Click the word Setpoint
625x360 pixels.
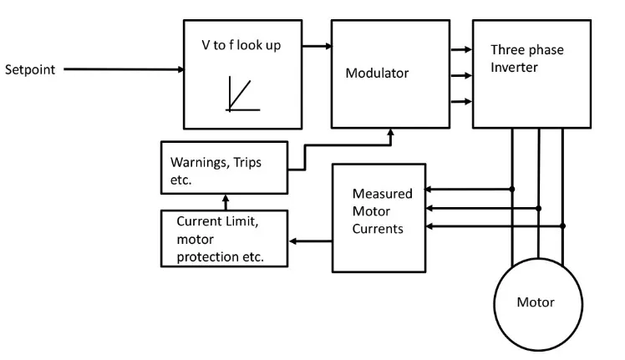30,69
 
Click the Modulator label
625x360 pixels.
377,73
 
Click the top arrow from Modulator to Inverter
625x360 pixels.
460,51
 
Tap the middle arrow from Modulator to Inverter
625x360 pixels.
460,76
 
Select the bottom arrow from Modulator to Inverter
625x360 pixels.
460,102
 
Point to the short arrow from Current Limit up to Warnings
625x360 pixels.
224,202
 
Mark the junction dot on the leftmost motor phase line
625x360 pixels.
512,190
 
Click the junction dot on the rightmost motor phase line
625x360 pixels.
563,226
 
